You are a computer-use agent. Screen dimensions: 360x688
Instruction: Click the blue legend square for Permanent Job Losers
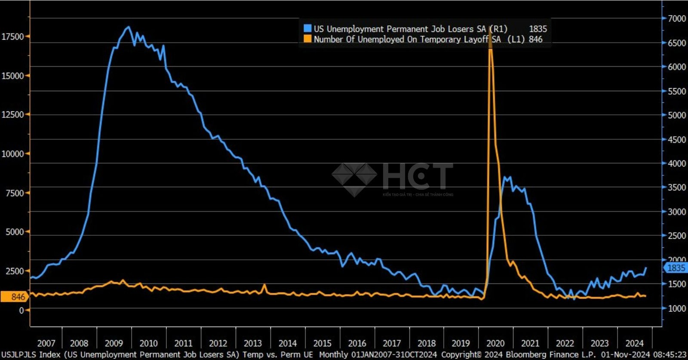click(307, 28)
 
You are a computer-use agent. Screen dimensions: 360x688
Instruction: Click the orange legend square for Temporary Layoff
click(307, 39)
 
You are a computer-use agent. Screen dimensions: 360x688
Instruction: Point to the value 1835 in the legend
click(537, 29)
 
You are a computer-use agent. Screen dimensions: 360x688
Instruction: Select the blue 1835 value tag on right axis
click(676, 268)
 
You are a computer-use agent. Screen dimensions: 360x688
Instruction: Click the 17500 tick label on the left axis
click(12, 37)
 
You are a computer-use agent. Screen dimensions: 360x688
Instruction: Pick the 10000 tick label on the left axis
click(12, 154)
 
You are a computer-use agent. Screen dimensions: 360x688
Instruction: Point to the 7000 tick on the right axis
click(676, 18)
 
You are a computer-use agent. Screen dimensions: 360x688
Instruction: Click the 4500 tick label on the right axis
click(676, 140)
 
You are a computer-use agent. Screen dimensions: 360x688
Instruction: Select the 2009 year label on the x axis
click(114, 343)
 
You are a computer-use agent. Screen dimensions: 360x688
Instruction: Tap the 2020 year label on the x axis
click(495, 343)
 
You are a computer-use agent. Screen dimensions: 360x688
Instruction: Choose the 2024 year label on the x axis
click(634, 343)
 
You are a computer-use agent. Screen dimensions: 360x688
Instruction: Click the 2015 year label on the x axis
click(322, 343)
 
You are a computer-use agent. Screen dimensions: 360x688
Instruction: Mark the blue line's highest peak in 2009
click(128, 27)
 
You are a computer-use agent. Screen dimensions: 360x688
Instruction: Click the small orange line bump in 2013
click(264, 285)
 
